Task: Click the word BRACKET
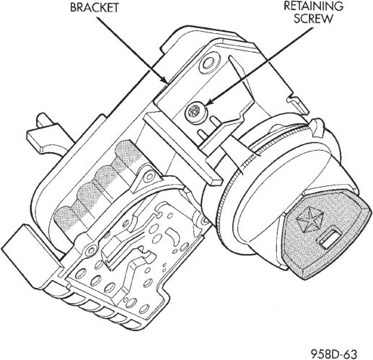(95, 7)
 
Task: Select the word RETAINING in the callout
(314, 6)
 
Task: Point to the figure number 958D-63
(334, 354)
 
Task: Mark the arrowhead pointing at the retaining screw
(209, 102)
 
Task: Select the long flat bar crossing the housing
(182, 149)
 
